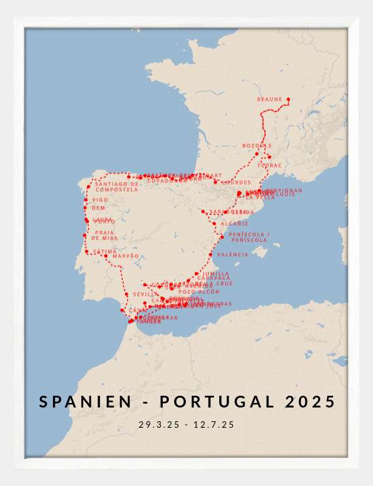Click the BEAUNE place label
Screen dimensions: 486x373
(x=269, y=99)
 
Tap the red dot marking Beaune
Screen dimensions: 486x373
(x=289, y=99)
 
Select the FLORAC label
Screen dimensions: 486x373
(x=270, y=165)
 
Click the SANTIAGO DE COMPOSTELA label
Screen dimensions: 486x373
(x=117, y=187)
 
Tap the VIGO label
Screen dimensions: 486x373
(x=100, y=200)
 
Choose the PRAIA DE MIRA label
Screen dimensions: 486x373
(x=106, y=235)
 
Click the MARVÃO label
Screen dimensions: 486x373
(x=126, y=256)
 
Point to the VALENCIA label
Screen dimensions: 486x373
(x=232, y=254)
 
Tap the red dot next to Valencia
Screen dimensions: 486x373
(x=211, y=254)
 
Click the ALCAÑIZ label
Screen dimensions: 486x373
(x=234, y=224)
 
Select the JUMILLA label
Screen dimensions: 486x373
(x=216, y=273)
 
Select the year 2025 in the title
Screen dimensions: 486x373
(x=310, y=402)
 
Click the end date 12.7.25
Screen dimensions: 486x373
(x=214, y=425)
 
